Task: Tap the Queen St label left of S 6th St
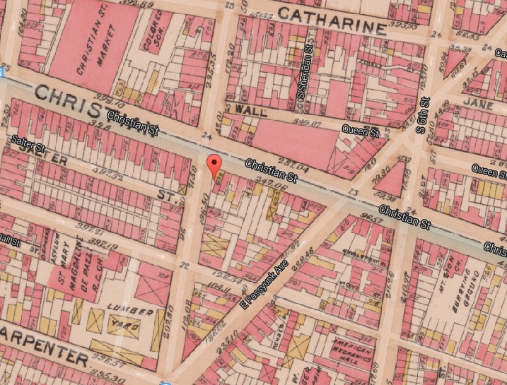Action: [361, 130]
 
